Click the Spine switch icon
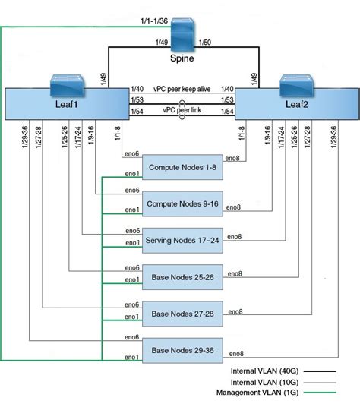[182, 34]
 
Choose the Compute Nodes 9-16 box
[182, 203]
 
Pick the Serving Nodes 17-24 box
[182, 239]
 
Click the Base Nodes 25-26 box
[182, 277]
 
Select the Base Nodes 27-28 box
[182, 313]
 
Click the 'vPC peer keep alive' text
[182, 89]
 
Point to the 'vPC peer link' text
[182, 109]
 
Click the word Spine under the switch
[182, 58]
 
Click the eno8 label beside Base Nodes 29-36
[236, 353]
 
